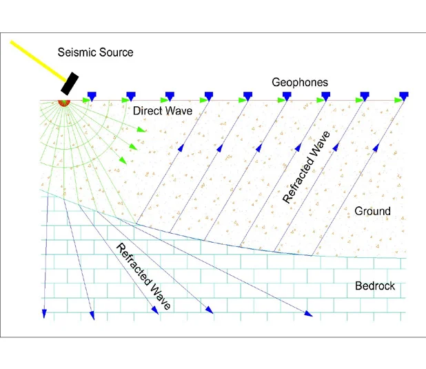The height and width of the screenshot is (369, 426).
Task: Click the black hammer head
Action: tap(70, 83)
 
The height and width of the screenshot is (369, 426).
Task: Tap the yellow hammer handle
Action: tap(38, 61)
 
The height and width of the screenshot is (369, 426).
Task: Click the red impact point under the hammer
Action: tap(64, 103)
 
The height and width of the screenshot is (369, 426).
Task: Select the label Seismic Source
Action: tap(95, 52)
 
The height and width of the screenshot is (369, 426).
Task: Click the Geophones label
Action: tap(300, 82)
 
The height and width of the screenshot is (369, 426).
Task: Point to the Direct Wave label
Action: tap(163, 110)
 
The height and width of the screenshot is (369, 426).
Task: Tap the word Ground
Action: tap(372, 211)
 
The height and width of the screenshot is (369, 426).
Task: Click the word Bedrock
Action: tap(375, 286)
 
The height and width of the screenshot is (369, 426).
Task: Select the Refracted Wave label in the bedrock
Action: tap(143, 277)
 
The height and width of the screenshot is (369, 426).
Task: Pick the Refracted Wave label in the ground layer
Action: tap(307, 167)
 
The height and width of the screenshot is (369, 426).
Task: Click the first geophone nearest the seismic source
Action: tap(92, 96)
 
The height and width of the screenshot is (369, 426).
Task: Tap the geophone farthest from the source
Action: tap(404, 96)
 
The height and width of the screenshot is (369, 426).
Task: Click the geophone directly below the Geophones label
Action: tap(287, 96)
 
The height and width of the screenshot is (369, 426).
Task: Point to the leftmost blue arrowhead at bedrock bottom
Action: tap(44, 314)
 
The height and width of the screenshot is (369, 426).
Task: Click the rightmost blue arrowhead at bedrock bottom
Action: tap(308, 314)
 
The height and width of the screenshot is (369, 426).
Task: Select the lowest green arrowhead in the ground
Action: tap(123, 160)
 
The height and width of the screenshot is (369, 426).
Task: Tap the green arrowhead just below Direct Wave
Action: tap(141, 130)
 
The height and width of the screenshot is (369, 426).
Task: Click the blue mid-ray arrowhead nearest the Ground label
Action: tap(376, 148)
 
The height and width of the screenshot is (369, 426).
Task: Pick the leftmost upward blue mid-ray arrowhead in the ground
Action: tap(181, 148)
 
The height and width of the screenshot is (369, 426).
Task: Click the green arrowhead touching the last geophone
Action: tap(397, 100)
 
